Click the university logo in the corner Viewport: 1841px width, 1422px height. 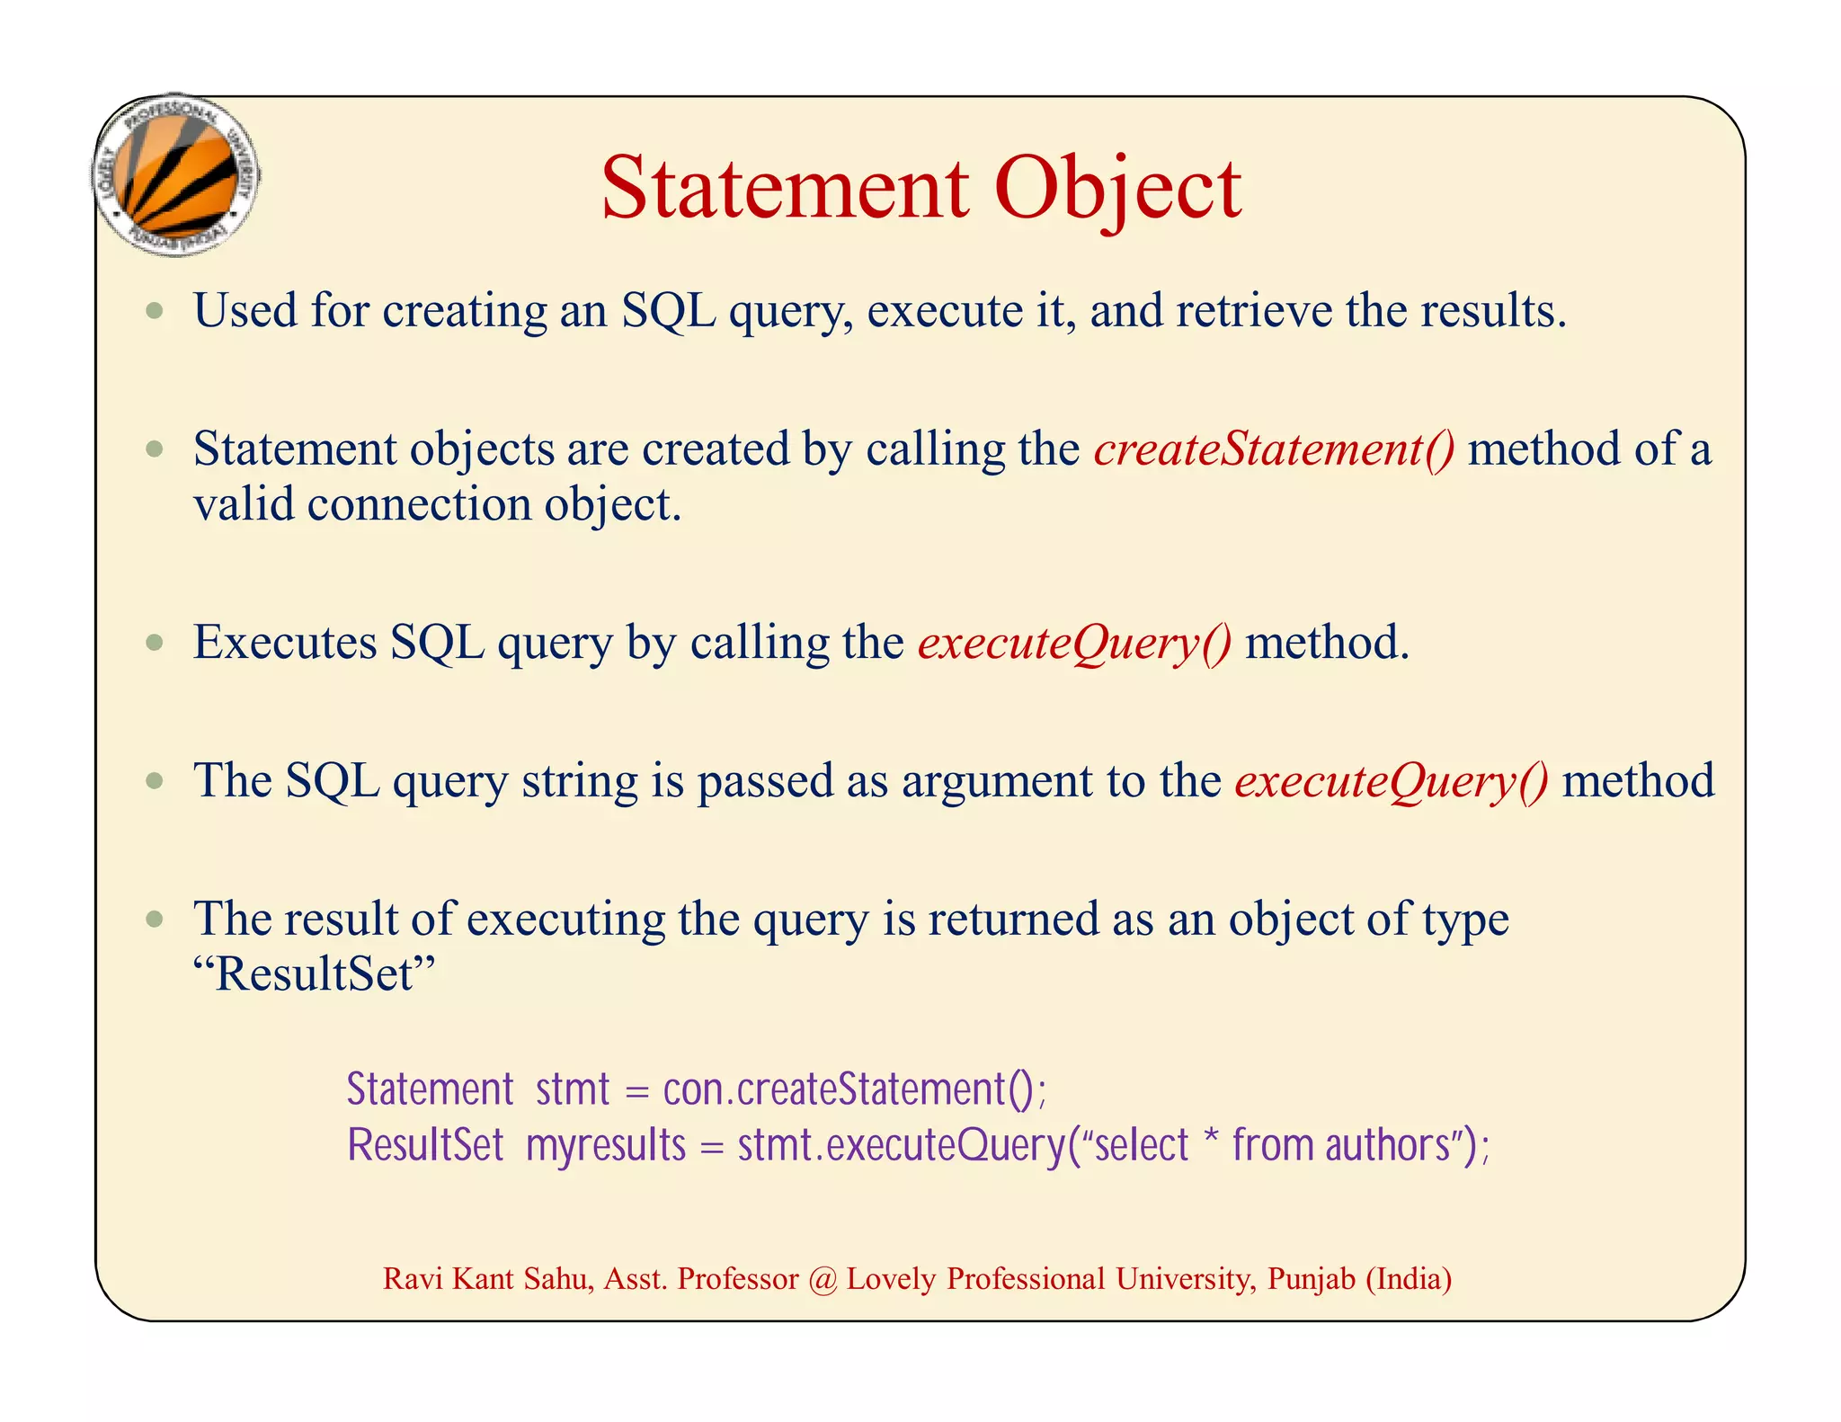[176, 175]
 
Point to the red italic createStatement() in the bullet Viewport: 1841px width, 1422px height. [1274, 449]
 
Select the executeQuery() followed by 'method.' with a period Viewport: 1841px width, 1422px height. [1074, 643]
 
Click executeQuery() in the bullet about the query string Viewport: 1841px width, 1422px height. [1392, 780]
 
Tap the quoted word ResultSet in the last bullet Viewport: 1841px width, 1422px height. [314, 973]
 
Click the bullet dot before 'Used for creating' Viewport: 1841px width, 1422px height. [156, 311]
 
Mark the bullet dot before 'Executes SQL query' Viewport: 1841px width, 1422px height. [156, 643]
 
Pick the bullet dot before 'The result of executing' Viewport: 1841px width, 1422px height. [156, 920]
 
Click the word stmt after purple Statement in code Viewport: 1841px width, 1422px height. [573, 1089]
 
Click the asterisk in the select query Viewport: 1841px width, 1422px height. [1212, 1137]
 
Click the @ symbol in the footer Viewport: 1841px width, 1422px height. [822, 1279]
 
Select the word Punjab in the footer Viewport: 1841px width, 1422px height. [1311, 1279]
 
